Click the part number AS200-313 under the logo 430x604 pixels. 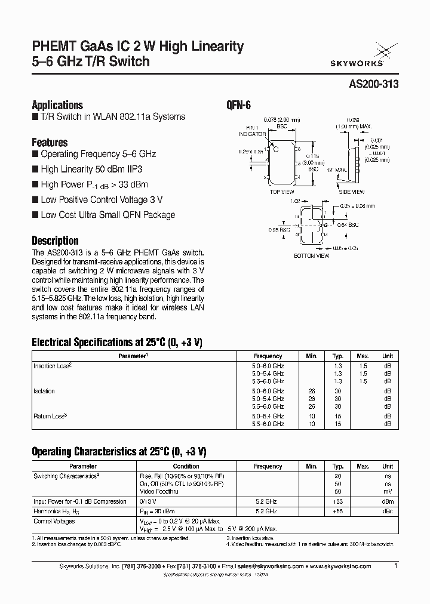372,84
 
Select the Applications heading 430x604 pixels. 57,104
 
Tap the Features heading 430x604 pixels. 50,143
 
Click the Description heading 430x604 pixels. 55,241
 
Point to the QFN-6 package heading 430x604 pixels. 238,104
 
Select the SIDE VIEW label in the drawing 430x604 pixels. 352,192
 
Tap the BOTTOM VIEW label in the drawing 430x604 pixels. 311,255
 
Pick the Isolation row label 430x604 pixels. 44,392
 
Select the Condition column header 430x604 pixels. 186,466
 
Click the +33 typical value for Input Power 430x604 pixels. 338,501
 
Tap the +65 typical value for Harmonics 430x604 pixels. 338,512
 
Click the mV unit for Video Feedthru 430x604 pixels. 388,491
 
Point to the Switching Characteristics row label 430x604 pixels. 66,476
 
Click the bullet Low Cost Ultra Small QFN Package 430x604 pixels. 107,215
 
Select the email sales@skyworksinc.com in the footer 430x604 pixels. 268,566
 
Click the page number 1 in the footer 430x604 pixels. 395,565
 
